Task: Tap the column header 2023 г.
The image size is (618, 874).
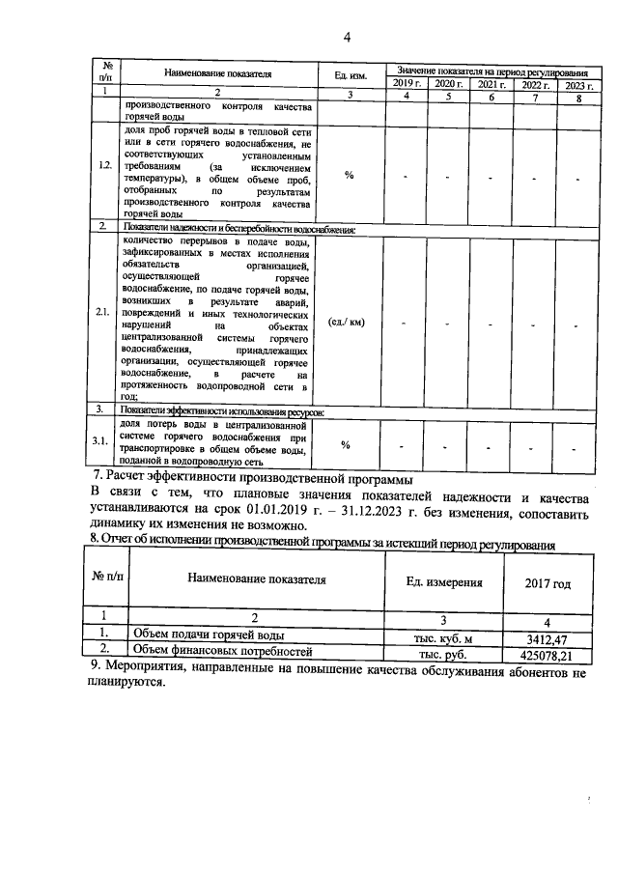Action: pyautogui.click(x=577, y=85)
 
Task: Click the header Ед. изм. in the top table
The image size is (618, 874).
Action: pyautogui.click(x=350, y=74)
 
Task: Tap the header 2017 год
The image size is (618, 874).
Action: pyautogui.click(x=547, y=583)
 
